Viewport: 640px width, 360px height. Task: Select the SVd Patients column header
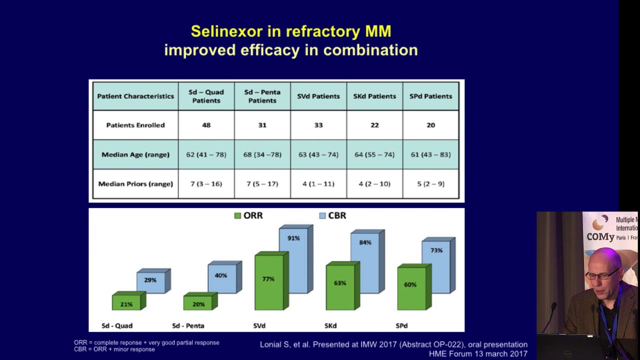point(318,96)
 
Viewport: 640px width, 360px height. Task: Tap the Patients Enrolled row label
point(135,125)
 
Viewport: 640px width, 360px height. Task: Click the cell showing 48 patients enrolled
point(206,125)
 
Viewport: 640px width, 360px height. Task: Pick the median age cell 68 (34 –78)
point(262,154)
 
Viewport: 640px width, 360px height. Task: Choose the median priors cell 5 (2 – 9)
point(430,183)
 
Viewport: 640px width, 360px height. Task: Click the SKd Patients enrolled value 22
point(374,125)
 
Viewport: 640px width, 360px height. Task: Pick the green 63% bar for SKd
point(340,285)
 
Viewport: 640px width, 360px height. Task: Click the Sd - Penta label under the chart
point(188,325)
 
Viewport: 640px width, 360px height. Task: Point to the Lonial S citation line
point(393,344)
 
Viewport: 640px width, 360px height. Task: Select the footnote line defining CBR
point(114,349)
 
